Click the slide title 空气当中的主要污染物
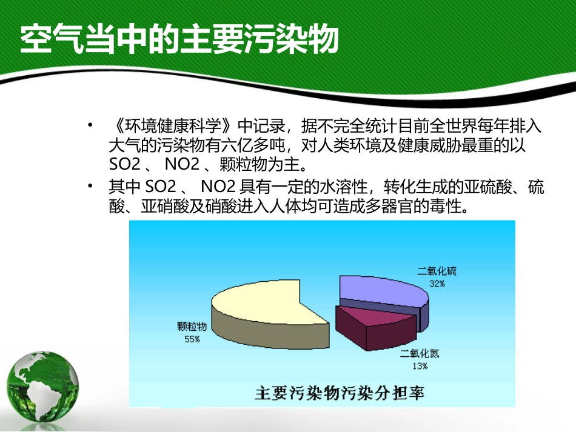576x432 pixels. click(179, 41)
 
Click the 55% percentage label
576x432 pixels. click(192, 339)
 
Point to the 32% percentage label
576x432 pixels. click(437, 284)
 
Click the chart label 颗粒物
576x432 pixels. click(192, 327)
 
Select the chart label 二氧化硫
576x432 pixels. click(437, 271)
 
